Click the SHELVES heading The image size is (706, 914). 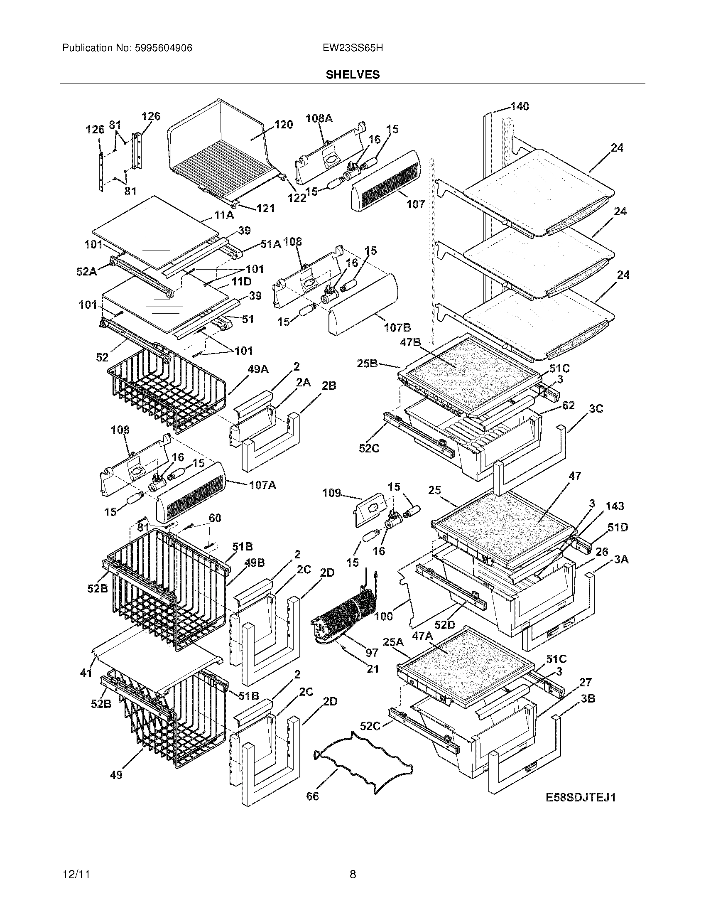pyautogui.click(x=353, y=75)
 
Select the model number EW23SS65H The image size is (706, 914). pyautogui.click(x=353, y=48)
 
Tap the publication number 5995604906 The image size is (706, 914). pyautogui.click(x=163, y=48)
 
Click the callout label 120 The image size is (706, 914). pyautogui.click(x=284, y=125)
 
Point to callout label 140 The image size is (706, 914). pyautogui.click(x=520, y=106)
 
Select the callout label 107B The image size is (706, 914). pyautogui.click(x=397, y=327)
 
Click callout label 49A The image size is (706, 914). pyautogui.click(x=258, y=369)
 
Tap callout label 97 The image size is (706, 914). pyautogui.click(x=372, y=652)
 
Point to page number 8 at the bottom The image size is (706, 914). pyautogui.click(x=353, y=874)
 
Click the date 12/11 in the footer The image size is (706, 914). pyautogui.click(x=76, y=874)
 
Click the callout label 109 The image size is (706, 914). pyautogui.click(x=331, y=493)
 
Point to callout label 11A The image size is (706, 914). pyautogui.click(x=224, y=216)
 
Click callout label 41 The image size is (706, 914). pyautogui.click(x=86, y=673)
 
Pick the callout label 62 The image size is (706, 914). pyautogui.click(x=569, y=405)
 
